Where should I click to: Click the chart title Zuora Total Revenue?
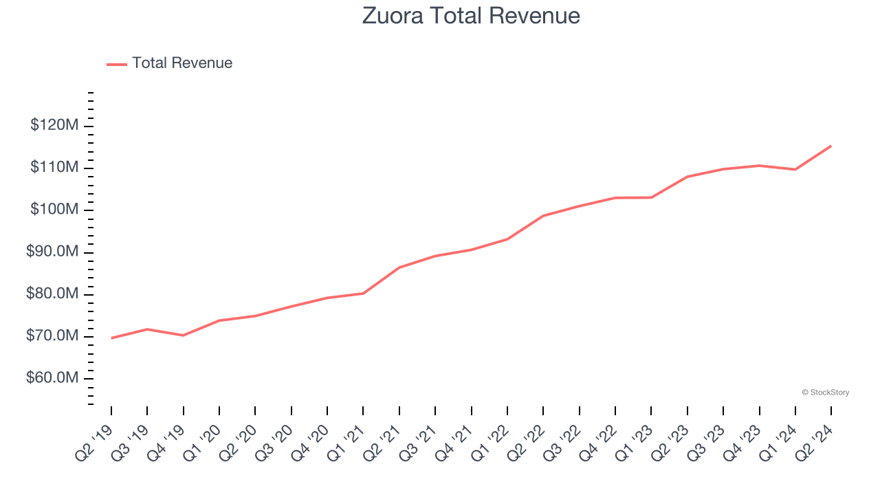click(471, 16)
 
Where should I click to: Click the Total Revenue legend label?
click(182, 63)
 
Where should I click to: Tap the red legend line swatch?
click(117, 64)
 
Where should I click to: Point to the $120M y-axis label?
click(54, 125)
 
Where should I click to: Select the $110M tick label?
click(54, 167)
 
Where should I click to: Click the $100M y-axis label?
click(54, 210)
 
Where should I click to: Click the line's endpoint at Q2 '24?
click(831, 146)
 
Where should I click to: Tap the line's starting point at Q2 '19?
click(111, 338)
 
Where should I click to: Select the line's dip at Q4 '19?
click(184, 335)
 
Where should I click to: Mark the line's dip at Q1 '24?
click(795, 169)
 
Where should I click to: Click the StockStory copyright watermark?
click(825, 393)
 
